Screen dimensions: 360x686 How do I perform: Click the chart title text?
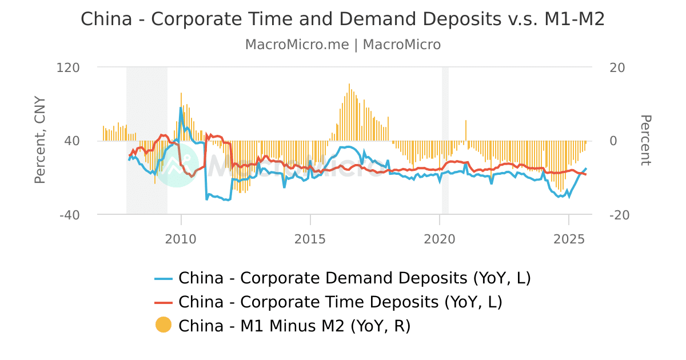click(x=342, y=19)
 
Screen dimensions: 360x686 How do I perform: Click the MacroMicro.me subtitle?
click(x=342, y=45)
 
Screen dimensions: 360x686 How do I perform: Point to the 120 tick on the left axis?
click(x=68, y=67)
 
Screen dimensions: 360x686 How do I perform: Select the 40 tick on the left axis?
click(x=71, y=141)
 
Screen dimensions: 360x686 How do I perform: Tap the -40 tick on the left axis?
click(x=69, y=215)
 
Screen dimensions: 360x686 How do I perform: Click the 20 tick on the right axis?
click(x=617, y=67)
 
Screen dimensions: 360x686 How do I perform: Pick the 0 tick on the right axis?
click(x=614, y=141)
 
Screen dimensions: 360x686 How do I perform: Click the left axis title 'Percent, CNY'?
click(x=39, y=140)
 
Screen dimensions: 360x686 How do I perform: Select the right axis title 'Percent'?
click(x=645, y=140)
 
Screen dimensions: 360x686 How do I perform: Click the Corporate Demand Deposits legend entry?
click(x=354, y=278)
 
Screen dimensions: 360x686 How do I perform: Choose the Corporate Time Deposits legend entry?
click(x=340, y=302)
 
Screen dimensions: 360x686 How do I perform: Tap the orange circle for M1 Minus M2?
click(x=163, y=325)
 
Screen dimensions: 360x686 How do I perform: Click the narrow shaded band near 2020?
click(x=445, y=140)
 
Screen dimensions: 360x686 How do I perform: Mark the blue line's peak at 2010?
click(x=181, y=107)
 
